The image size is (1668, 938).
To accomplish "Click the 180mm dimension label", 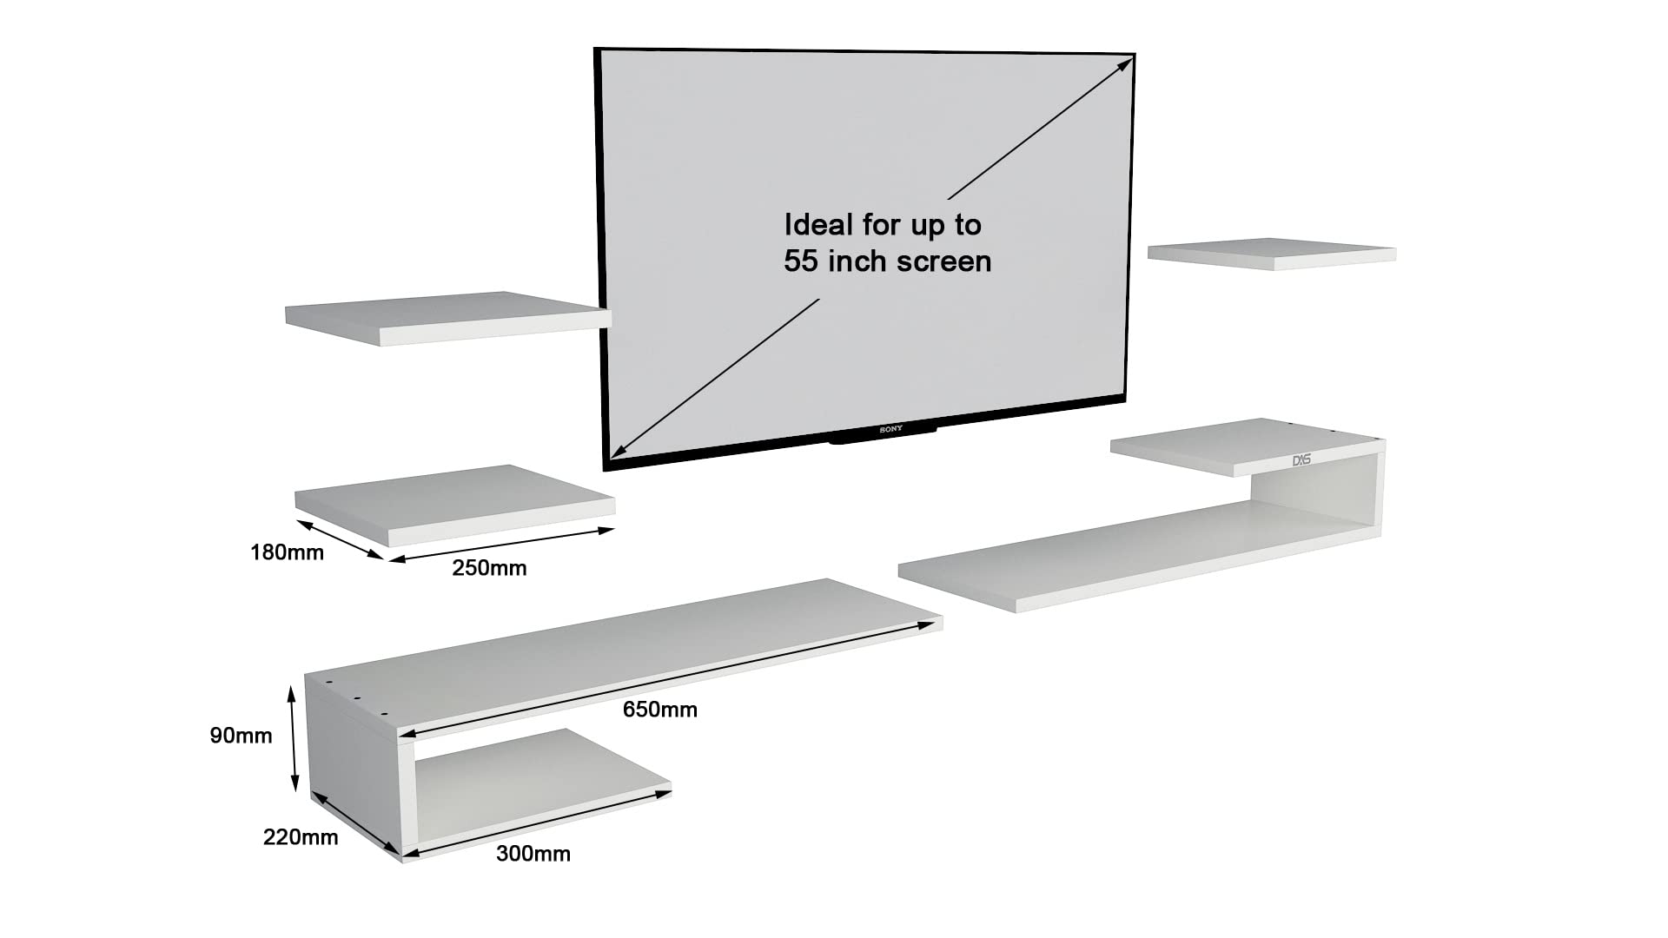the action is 287,552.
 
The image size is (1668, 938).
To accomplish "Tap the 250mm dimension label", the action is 489,568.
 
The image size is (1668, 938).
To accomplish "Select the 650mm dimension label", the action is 660,710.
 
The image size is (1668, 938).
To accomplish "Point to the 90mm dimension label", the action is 241,736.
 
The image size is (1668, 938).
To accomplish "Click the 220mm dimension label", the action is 301,837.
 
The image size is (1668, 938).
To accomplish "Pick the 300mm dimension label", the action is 533,854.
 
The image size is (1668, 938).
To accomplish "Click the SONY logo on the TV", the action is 890,429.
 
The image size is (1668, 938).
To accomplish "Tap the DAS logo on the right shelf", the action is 1301,459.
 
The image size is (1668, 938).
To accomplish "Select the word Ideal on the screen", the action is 818,225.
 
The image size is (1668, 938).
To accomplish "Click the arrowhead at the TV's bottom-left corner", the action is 618,449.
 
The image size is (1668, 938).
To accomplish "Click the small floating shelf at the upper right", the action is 1272,253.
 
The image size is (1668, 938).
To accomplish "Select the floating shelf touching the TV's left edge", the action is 448,318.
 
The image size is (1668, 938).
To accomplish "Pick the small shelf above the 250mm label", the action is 454,505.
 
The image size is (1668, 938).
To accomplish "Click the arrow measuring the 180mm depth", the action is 340,539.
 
